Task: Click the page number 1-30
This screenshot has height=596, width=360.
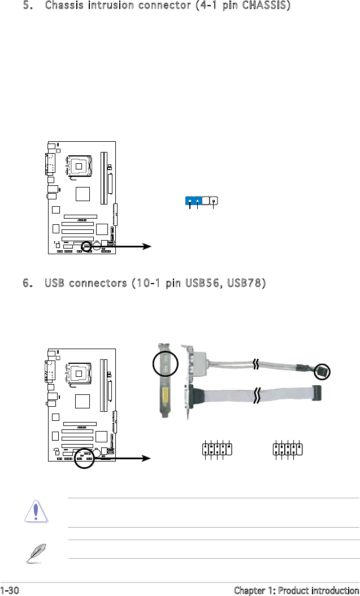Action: (x=10, y=590)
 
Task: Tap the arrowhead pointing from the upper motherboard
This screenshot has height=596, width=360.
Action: (x=148, y=246)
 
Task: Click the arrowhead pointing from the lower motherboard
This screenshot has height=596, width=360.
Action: (x=148, y=459)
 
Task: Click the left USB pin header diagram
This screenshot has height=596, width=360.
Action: (x=217, y=450)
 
